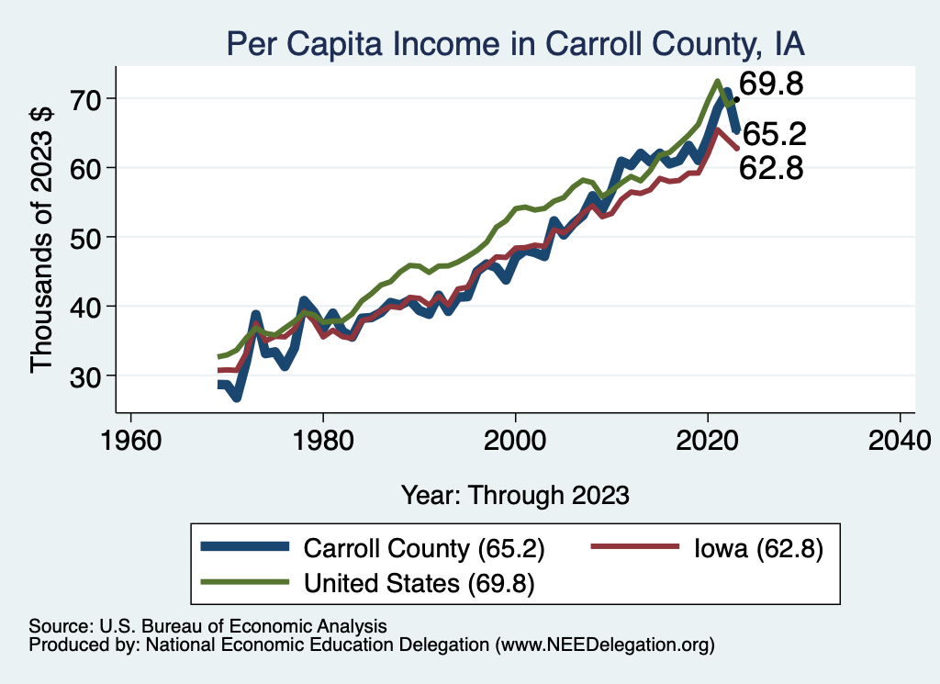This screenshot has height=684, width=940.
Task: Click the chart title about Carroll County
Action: (516, 44)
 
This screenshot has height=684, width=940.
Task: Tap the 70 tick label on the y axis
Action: (91, 98)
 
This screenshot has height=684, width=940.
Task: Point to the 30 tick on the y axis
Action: (91, 376)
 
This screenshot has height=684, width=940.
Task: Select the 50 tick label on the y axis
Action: (91, 237)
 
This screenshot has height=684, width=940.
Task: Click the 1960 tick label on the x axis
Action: (131, 440)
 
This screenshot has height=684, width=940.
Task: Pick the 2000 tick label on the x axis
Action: (516, 440)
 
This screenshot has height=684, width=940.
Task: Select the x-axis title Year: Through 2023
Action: (515, 495)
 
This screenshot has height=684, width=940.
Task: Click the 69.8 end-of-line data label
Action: (771, 85)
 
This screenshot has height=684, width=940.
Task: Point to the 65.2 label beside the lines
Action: (774, 135)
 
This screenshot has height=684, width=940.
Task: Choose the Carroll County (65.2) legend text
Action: (424, 549)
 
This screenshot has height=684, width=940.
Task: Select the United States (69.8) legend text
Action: (419, 582)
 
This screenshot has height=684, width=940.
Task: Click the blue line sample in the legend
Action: (245, 549)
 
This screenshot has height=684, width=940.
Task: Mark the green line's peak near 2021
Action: (718, 81)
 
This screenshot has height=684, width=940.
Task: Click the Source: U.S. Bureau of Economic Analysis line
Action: (207, 626)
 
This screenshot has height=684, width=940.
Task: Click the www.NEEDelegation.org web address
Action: (604, 645)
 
